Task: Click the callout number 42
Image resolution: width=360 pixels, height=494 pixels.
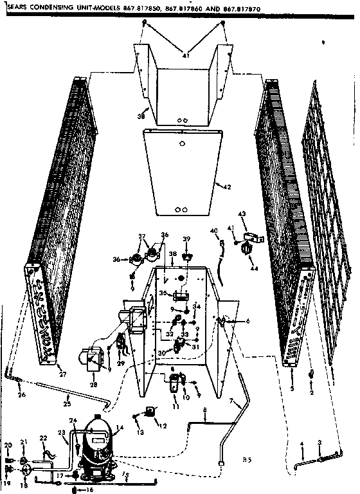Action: point(226,187)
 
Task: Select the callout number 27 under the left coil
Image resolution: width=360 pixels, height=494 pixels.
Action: point(62,374)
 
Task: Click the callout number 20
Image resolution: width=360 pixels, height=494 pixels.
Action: point(8,445)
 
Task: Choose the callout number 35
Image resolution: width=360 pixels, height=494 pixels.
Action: point(163,293)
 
